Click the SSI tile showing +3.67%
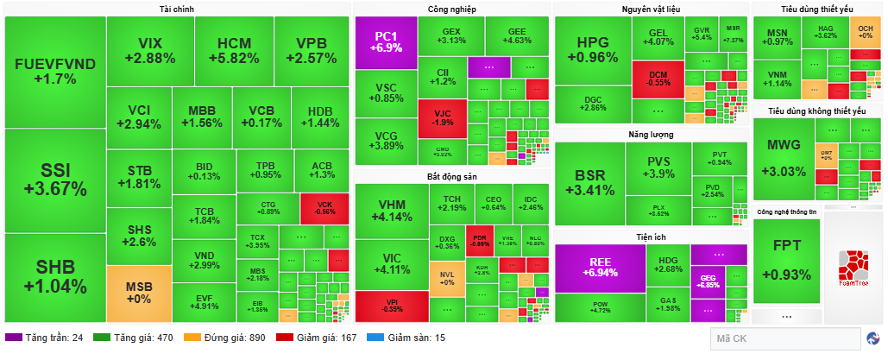pyautogui.click(x=54, y=180)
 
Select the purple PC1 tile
pyautogui.click(x=385, y=42)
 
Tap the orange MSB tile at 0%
pyautogui.click(x=138, y=293)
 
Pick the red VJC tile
pyautogui.click(x=442, y=117)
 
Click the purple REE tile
pyautogui.click(x=600, y=267)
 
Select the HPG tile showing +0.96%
pyautogui.click(x=592, y=50)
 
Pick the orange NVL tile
pyautogui.click(x=447, y=277)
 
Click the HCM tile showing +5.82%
pyautogui.click(x=233, y=50)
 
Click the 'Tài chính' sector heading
pyautogui.click(x=177, y=9)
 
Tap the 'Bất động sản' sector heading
pyautogui.click(x=451, y=176)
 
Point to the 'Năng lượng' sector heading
pyautogui.click(x=651, y=135)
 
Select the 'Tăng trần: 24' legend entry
pyautogui.click(x=45, y=338)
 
